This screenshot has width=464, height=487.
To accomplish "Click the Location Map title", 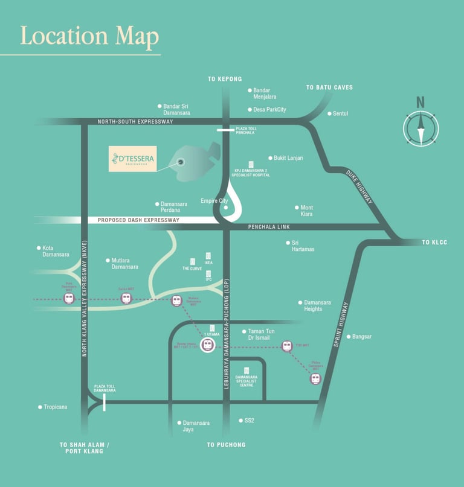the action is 89,36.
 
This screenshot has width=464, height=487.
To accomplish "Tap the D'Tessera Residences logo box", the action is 132,159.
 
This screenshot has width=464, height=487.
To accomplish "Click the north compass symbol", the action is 420,126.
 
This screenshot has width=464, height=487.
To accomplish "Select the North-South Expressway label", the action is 135,122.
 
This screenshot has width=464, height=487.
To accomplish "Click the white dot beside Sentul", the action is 329,113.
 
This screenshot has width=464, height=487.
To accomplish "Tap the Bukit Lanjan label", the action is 288,158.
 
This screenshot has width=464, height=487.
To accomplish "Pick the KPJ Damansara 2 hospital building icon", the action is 251,164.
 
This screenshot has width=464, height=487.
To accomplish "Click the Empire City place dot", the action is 226,208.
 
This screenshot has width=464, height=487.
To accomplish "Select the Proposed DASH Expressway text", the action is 139,221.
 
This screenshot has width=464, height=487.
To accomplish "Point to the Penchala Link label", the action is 269,227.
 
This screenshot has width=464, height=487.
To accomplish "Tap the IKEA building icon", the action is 208,256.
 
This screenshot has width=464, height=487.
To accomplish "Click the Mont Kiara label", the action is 307,211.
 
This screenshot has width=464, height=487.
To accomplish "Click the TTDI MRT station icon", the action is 287,346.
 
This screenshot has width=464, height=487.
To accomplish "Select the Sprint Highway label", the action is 341,324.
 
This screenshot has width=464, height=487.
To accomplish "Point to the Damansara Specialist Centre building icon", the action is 246,371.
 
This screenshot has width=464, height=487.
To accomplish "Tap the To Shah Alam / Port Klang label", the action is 85,448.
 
